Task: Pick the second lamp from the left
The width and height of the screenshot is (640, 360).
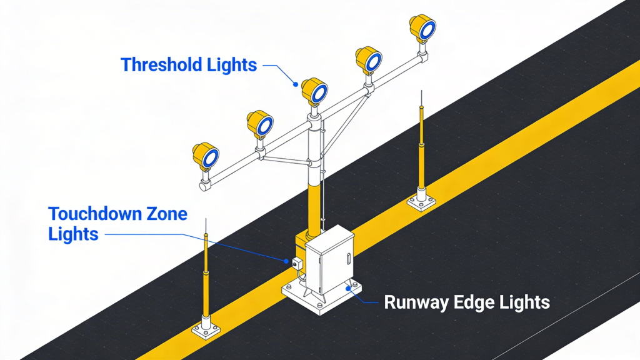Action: click(x=260, y=124)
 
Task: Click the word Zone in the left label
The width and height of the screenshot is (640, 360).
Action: click(x=163, y=214)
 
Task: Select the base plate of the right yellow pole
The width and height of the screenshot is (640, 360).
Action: click(x=421, y=202)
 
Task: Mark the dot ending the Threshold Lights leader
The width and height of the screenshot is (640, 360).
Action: click(x=296, y=82)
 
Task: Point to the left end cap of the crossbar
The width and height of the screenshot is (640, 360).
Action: click(x=204, y=186)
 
